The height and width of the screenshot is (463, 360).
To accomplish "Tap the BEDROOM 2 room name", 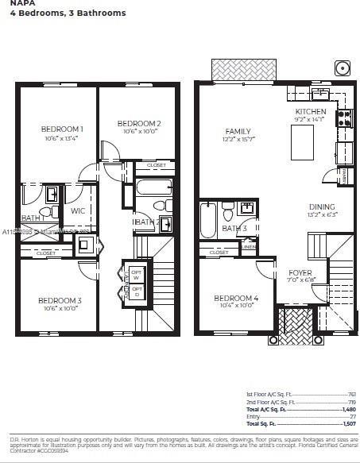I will click(139, 124).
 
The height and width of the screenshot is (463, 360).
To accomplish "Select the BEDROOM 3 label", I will click(60, 300).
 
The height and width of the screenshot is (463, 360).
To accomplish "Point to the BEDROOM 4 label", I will click(235, 298).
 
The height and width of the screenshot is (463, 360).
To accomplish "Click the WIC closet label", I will click(78, 211).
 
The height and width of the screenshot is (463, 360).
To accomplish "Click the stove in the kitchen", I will click(344, 118).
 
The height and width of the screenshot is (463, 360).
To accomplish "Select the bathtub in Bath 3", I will click(208, 221).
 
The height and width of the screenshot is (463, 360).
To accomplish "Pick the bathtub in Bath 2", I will click(153, 188).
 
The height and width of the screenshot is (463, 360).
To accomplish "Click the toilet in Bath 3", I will click(228, 210).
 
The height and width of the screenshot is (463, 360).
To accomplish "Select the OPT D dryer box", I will click(136, 291).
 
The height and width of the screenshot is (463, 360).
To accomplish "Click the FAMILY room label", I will click(238, 132).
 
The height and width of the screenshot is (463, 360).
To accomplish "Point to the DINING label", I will click(322, 207).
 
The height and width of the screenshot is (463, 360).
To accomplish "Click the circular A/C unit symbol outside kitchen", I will click(342, 67).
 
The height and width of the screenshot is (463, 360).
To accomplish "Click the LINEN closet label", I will click(248, 247).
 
